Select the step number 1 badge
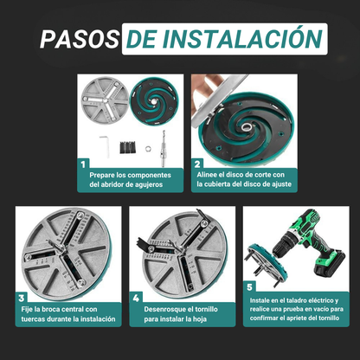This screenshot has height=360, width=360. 84,163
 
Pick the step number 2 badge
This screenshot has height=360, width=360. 199,163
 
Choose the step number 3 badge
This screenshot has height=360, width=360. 22,297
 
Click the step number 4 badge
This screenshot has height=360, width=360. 136,297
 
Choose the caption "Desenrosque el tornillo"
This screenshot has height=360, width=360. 182,307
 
